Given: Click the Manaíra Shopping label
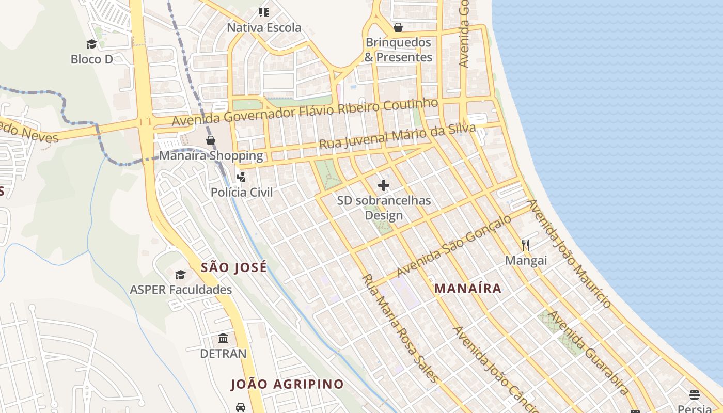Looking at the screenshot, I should point(211,155).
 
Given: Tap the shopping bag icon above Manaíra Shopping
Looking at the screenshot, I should point(211,140).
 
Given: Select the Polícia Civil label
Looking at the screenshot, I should point(241,192).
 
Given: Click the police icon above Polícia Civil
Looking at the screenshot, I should point(241,177).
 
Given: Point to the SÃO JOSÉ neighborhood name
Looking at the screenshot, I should point(234,267).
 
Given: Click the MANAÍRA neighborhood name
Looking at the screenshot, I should point(468,288).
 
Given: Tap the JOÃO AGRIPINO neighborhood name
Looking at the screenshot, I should point(287,384).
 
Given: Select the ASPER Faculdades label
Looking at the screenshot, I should point(181,290).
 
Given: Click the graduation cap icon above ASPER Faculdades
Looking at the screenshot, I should point(180,275).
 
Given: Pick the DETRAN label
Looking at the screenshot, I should point(223,354).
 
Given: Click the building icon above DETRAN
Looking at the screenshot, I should point(223,339).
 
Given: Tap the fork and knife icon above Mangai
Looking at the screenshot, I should point(526,245).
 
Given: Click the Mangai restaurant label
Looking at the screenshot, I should point(526,260).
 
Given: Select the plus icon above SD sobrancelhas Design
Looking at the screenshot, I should point(384,185).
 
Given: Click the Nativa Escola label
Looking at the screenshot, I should point(264,27).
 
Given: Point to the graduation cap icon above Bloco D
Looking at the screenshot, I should point(91,44).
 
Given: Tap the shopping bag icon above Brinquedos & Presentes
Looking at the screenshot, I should point(398,27).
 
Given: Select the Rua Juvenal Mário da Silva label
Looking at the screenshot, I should point(397,136).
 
